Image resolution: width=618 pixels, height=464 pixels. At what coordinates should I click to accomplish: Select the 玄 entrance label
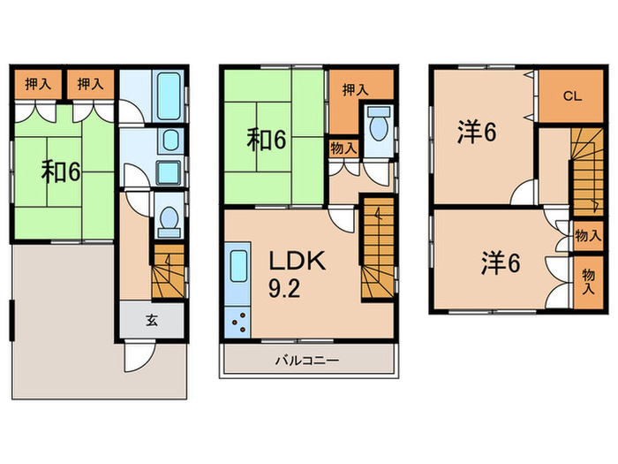[x=151, y=321]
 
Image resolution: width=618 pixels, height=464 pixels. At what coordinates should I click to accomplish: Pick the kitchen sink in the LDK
[x=237, y=273]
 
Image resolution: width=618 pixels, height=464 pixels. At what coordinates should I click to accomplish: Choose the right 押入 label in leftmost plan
[x=89, y=85]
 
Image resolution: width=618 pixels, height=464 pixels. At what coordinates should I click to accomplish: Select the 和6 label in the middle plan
[x=265, y=139]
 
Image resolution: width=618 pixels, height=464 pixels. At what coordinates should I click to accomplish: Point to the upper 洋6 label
[x=477, y=132]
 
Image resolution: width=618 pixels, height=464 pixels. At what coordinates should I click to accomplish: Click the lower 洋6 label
[x=501, y=262]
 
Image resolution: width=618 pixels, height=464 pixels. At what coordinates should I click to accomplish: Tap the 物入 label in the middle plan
[x=343, y=148]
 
